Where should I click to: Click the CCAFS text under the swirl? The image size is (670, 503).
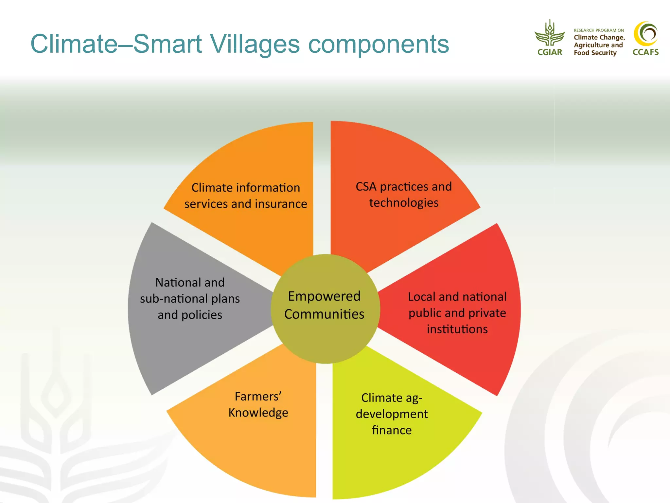tap(645, 52)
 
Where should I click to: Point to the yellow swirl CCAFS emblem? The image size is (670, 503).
tap(645, 34)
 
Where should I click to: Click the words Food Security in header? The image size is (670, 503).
tap(595, 53)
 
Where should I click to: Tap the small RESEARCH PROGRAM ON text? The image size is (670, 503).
tap(598, 30)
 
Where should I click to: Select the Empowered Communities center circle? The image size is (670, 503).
tap(325, 308)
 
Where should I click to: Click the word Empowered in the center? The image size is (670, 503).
tap(324, 296)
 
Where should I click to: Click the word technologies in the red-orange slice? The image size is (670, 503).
tap(404, 203)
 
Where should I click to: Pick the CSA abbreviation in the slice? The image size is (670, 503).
tap(366, 187)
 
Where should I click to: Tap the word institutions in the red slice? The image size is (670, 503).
tap(457, 329)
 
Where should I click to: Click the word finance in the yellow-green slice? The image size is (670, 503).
tap(392, 430)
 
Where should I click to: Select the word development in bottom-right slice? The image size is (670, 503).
tap(392, 414)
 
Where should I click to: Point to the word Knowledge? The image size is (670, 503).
tap(258, 413)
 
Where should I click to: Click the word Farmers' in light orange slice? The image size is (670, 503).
tap(258, 396)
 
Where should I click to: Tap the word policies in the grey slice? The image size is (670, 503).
tap(202, 315)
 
